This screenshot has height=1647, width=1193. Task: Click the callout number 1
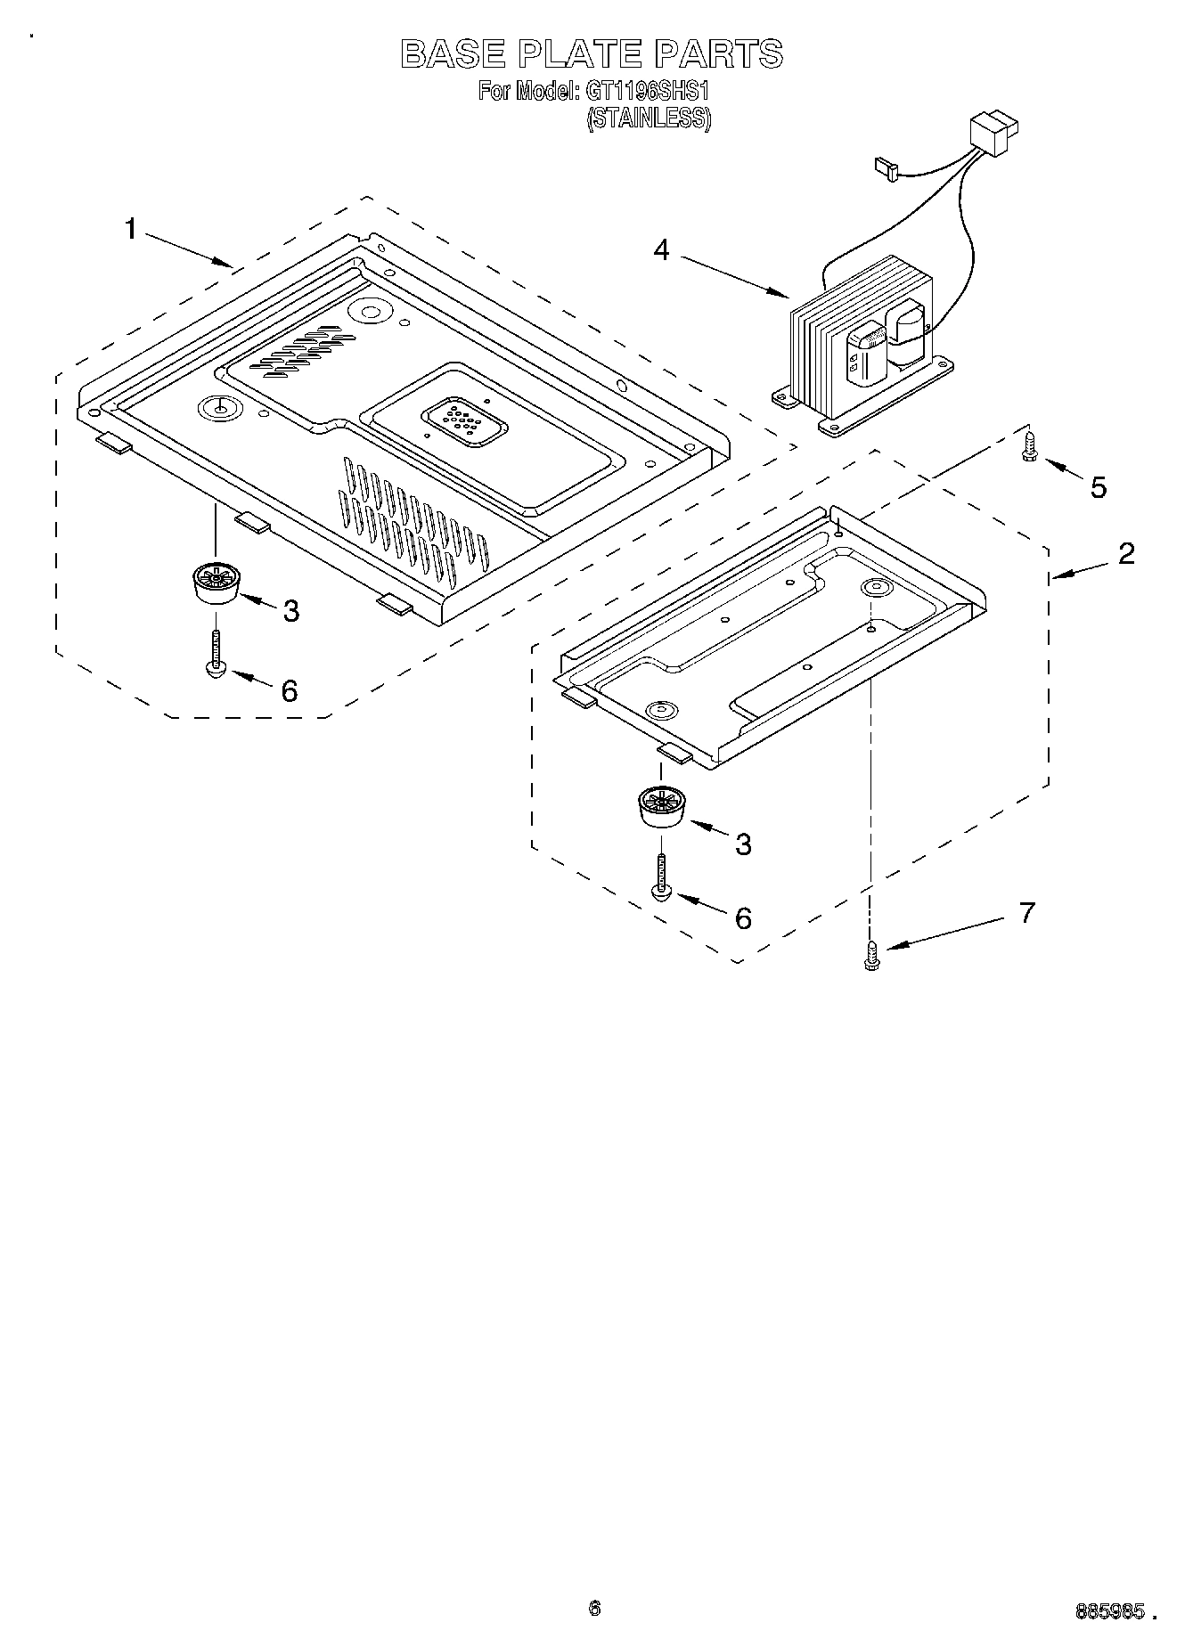click(131, 230)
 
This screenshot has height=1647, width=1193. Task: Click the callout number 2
click(1126, 553)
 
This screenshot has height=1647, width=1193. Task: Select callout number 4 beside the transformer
click(660, 250)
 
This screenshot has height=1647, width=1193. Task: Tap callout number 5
click(1098, 487)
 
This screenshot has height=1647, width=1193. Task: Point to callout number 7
click(1026, 913)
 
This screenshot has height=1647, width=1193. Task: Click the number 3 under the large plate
click(290, 611)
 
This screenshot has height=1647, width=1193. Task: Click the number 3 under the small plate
click(743, 844)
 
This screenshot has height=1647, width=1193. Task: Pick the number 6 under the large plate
click(290, 690)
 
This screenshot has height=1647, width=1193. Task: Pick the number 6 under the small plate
click(743, 917)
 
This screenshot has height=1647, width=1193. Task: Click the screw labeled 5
click(1030, 445)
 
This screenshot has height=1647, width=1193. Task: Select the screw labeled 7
click(871, 958)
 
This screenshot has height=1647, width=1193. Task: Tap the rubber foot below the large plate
click(215, 584)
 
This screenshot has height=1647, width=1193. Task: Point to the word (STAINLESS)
click(648, 118)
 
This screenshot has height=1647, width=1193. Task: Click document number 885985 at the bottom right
click(1109, 1610)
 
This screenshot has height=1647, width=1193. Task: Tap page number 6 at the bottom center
click(594, 1608)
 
